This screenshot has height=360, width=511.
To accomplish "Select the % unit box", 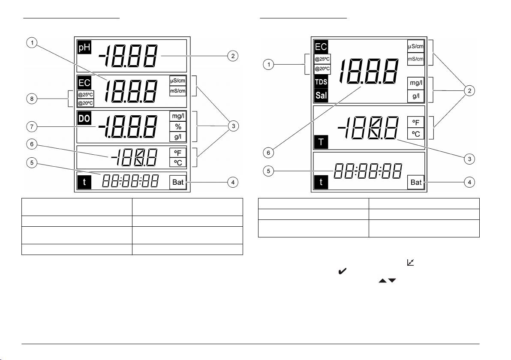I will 177,126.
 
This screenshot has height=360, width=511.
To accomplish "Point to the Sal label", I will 321,95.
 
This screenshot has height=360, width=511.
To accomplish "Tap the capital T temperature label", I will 321,141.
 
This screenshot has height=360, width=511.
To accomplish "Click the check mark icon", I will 343,271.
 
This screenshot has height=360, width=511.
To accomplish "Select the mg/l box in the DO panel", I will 177,116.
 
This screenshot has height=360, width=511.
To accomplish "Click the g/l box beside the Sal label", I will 416,96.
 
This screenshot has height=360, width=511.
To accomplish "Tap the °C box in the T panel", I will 416,133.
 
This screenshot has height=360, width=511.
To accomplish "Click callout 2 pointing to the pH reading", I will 232,56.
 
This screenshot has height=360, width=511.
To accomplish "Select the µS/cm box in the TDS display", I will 415,45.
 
